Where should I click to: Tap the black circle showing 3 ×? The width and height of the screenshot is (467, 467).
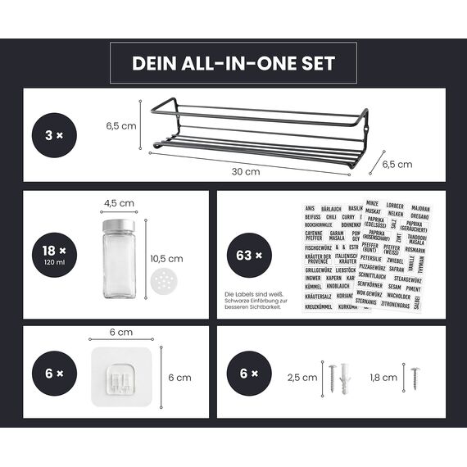tap(54, 134)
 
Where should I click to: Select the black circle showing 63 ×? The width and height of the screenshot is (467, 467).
tap(244, 256)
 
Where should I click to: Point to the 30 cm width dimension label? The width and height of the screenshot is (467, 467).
tap(246, 172)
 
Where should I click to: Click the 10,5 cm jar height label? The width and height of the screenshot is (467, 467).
tap(167, 258)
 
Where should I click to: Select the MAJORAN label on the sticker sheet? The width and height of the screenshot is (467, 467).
tap(420, 208)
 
